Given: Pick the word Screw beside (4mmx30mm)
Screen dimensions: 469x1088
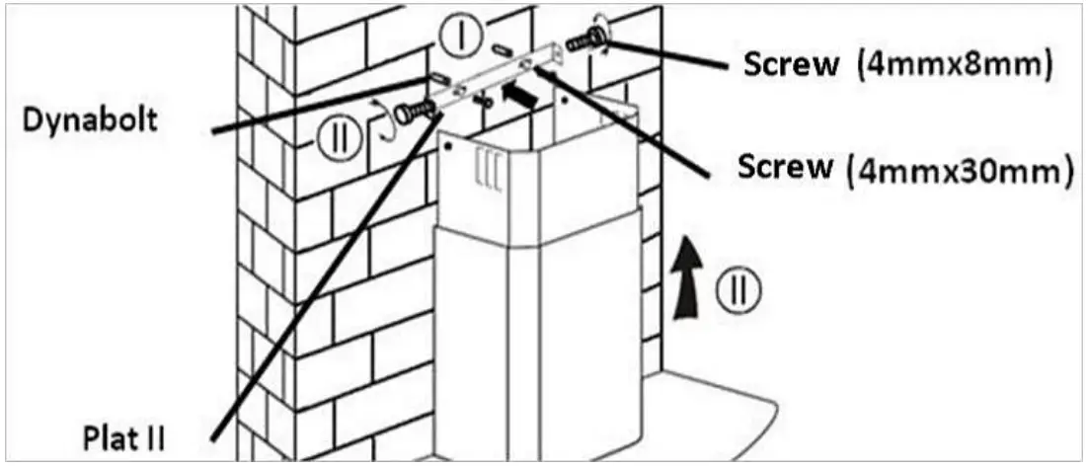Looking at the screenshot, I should pyautogui.click(x=784, y=167).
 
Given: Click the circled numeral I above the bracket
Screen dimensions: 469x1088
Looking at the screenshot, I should pyautogui.click(x=461, y=38).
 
